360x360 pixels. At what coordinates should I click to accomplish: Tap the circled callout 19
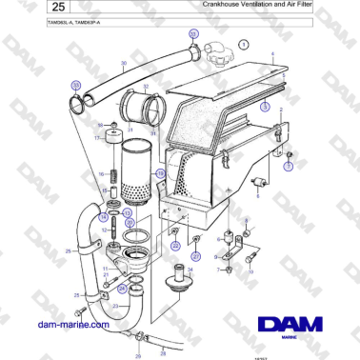tap(161, 174)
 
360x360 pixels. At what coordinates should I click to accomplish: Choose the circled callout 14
tap(103, 217)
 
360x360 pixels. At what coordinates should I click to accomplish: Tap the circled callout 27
tap(197, 256)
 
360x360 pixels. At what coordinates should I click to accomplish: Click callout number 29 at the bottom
tap(138, 354)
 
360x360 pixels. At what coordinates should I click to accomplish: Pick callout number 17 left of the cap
tap(95, 137)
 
